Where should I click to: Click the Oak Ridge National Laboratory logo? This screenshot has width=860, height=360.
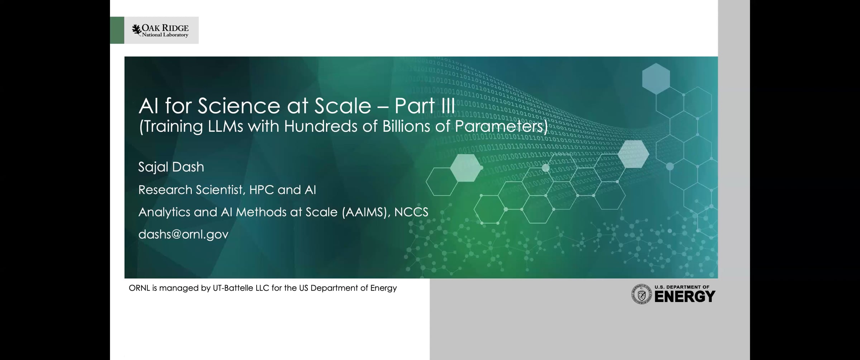(x=162, y=30)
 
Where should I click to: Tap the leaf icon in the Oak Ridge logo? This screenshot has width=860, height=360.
(x=136, y=29)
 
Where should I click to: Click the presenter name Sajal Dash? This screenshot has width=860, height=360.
(x=171, y=167)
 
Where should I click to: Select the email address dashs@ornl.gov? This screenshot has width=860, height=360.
(x=183, y=234)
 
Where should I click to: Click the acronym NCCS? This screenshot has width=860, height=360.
(x=411, y=212)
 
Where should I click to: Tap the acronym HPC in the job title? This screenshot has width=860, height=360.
(x=262, y=190)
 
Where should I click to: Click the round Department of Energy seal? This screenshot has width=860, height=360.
(x=641, y=294)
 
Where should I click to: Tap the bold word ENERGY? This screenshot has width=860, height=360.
(x=685, y=297)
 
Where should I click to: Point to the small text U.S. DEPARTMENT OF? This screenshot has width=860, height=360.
(x=682, y=287)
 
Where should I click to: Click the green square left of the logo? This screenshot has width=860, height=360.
(x=117, y=30)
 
